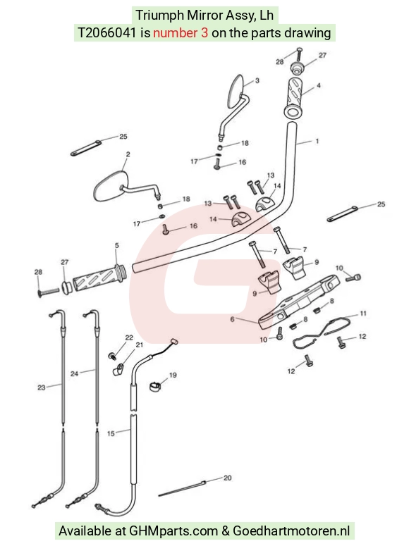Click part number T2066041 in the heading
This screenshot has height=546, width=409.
[x=106, y=32]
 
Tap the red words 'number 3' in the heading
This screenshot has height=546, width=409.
[x=181, y=32]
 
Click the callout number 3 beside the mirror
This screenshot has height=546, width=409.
[x=257, y=80]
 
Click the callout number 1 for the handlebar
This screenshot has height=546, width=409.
[x=317, y=141]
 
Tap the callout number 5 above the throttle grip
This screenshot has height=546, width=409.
[x=117, y=245]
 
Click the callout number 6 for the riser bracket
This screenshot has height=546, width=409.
[x=232, y=319]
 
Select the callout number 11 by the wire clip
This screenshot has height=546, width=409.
[x=363, y=314]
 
